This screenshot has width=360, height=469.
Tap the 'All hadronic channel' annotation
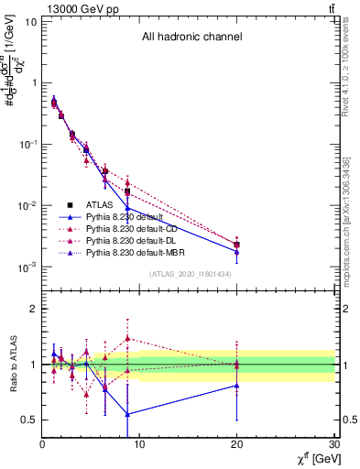(x=191, y=38)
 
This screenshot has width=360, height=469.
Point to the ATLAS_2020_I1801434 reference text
(x=191, y=274)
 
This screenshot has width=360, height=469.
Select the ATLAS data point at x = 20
(x=237, y=245)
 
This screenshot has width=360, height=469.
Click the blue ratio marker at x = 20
(x=237, y=386)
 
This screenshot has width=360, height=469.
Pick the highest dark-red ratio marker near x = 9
(x=128, y=338)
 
